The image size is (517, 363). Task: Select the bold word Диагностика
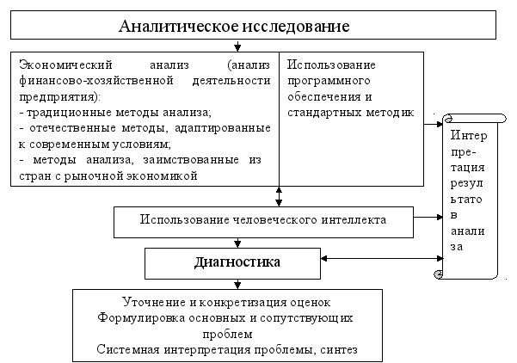[x=237, y=259]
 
